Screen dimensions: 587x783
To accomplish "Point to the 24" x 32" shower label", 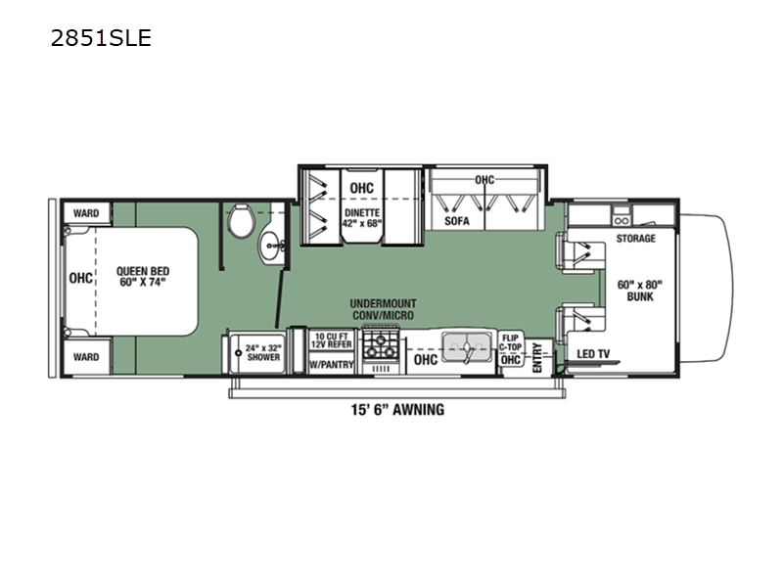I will click(263, 351).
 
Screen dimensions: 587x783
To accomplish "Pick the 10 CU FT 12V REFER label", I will click(332, 341).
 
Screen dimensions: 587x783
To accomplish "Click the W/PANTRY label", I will click(332, 365).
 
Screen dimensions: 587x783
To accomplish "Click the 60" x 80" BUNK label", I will click(640, 291).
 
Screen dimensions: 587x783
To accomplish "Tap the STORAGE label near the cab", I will click(636, 239).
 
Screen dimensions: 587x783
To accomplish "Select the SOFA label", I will click(457, 222).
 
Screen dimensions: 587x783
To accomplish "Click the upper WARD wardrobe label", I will click(86, 213).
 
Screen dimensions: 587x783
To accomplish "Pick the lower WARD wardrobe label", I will click(86, 357).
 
